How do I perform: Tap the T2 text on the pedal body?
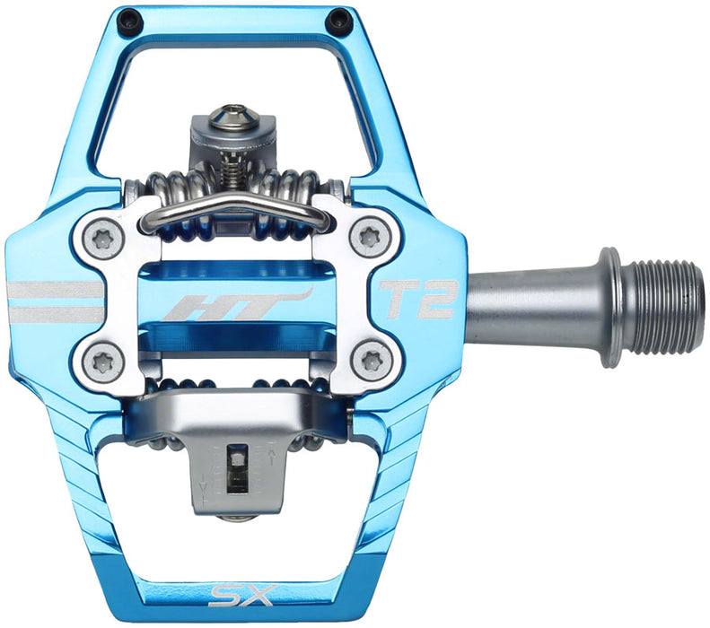click(418, 299)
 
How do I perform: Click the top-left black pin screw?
click(132, 18)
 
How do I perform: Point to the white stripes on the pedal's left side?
click(54, 302)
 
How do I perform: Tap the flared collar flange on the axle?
click(611, 307)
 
